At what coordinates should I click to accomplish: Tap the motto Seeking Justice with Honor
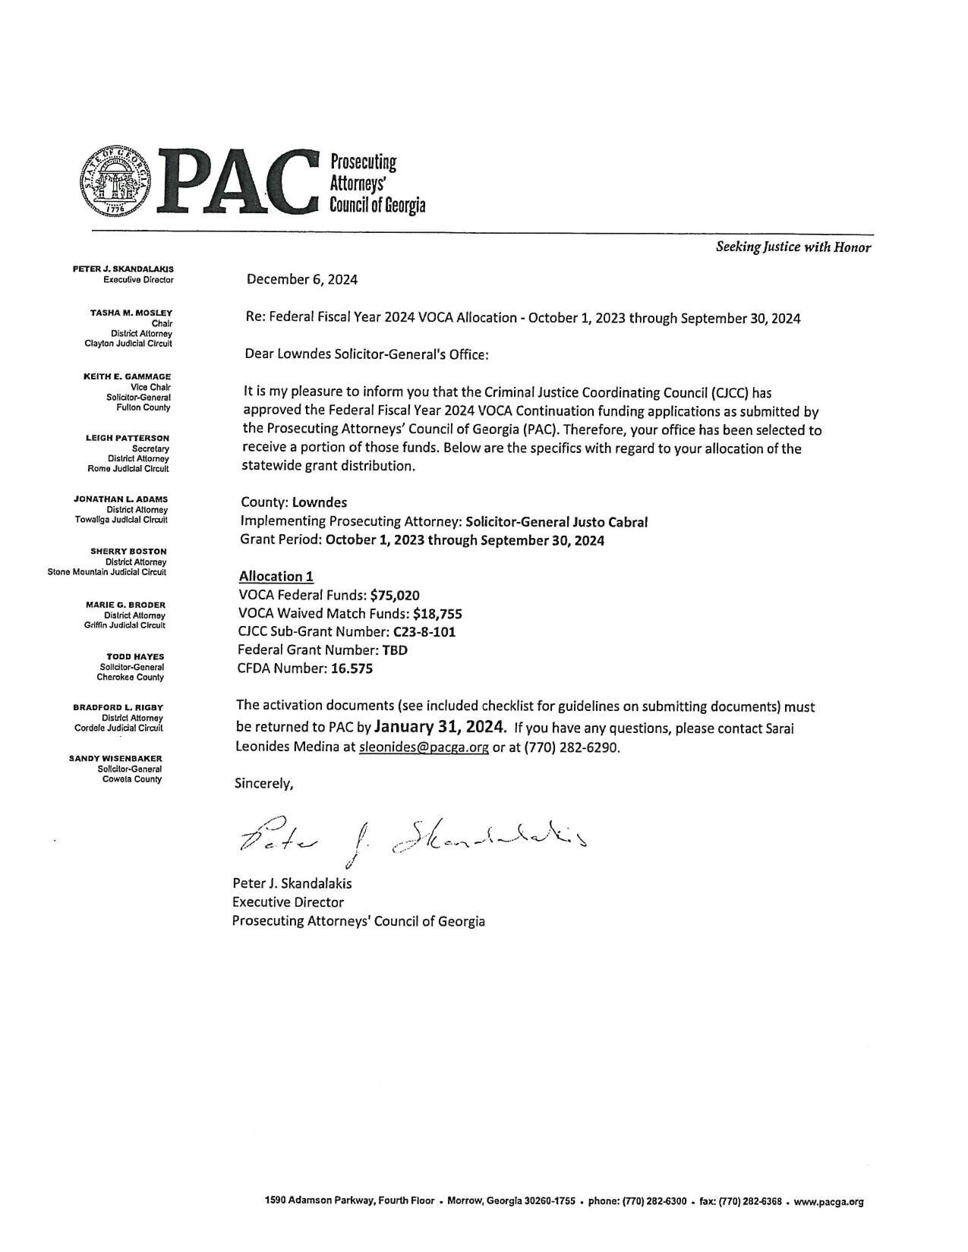click(793, 247)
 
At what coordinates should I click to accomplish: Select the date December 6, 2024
click(301, 279)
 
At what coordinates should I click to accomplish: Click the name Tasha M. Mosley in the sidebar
click(131, 313)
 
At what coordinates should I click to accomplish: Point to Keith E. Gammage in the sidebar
click(127, 376)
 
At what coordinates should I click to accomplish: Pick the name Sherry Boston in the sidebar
click(128, 551)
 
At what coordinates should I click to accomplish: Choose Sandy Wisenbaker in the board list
click(115, 758)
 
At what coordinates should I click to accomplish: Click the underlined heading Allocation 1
click(276, 576)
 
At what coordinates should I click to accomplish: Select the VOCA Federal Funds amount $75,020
click(395, 595)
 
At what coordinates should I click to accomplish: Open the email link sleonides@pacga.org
click(424, 747)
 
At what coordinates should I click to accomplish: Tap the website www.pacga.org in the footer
click(828, 1201)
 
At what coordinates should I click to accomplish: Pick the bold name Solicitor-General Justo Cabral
click(557, 521)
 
